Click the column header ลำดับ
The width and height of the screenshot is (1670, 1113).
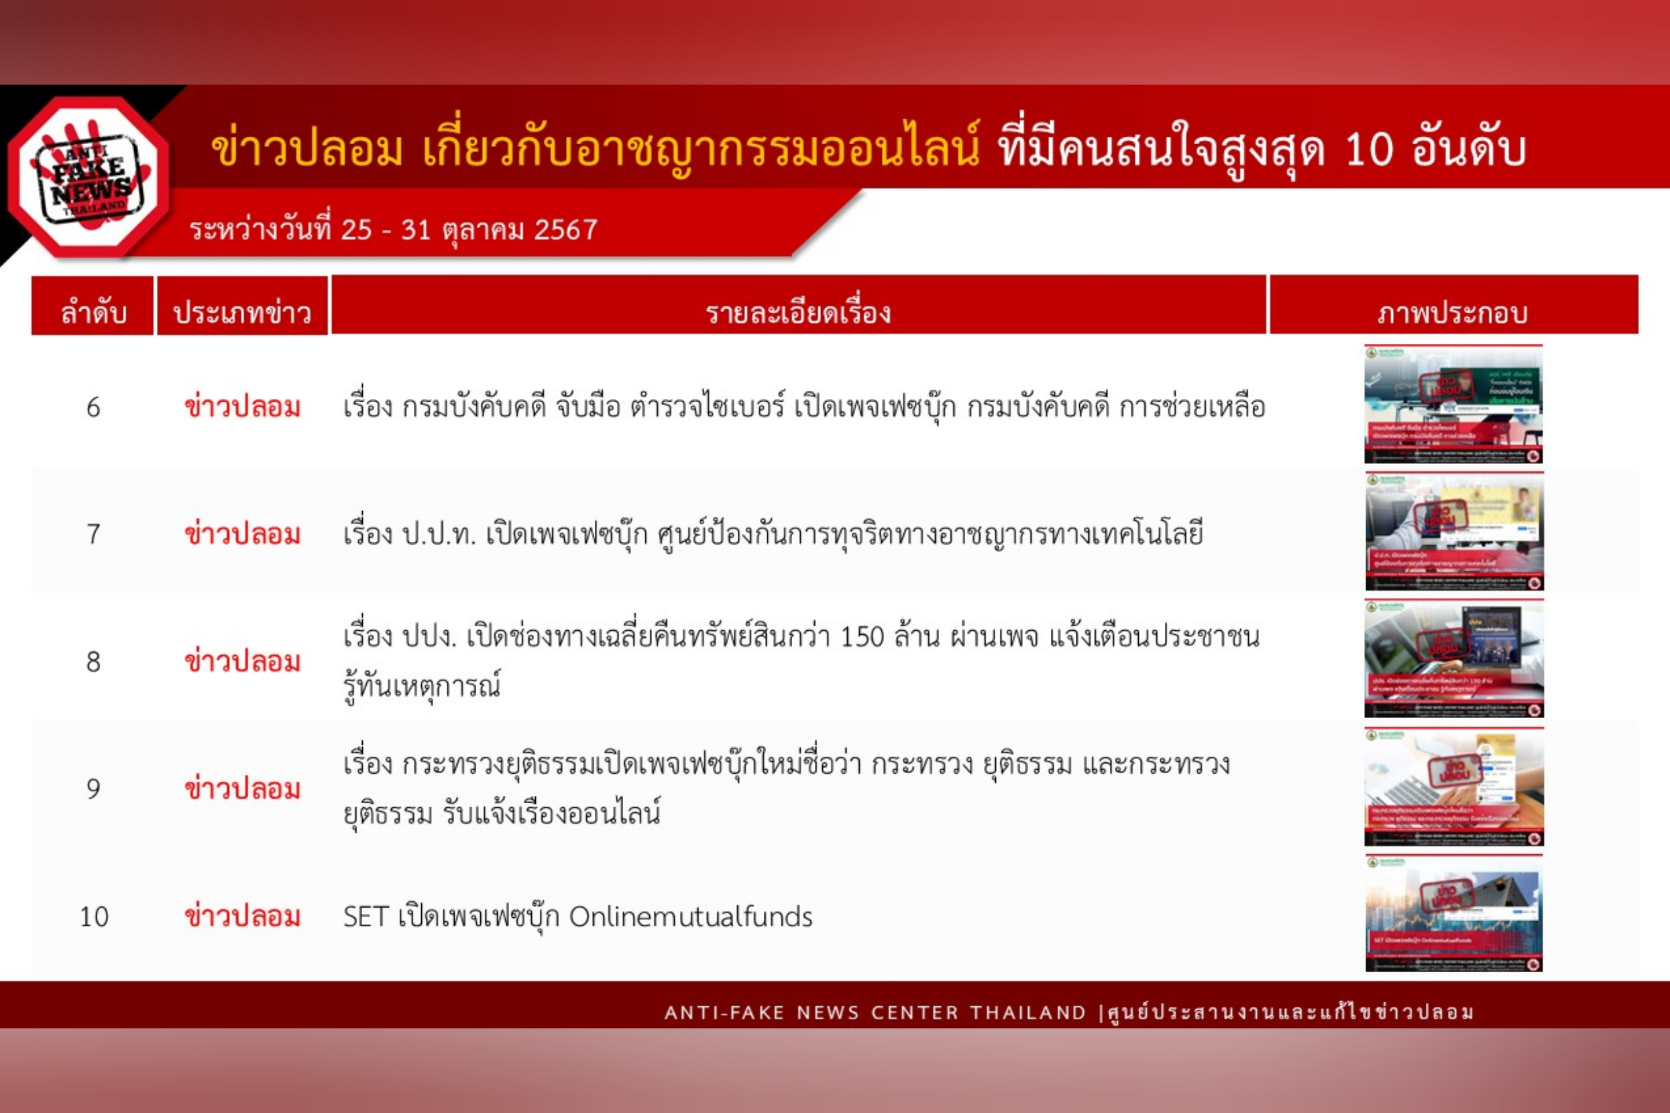pos(93,312)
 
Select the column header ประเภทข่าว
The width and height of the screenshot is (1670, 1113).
pos(242,312)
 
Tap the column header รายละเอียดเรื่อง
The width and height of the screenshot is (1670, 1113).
pos(798,312)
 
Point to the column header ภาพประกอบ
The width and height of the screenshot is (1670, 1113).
pos(1453,312)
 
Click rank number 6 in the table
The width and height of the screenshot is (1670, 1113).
pos(93,408)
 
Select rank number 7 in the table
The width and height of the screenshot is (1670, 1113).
pos(93,534)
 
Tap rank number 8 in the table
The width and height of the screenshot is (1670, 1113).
pos(93,662)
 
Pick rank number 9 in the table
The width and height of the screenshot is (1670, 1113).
pos(93,788)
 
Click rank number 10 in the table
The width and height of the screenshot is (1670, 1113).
pos(94,917)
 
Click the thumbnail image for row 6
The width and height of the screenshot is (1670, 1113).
pos(1453,404)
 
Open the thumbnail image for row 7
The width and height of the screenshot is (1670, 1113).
pos(1453,531)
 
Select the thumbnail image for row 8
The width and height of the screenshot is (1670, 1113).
pos(1453,658)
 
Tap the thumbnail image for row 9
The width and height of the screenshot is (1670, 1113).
pos(1453,786)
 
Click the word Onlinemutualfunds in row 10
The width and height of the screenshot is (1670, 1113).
pos(691,917)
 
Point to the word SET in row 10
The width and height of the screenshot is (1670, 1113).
pos(366,917)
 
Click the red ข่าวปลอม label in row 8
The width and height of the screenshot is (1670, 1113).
pos(242,662)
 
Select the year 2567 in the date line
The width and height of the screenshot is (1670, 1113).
pos(565,230)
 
